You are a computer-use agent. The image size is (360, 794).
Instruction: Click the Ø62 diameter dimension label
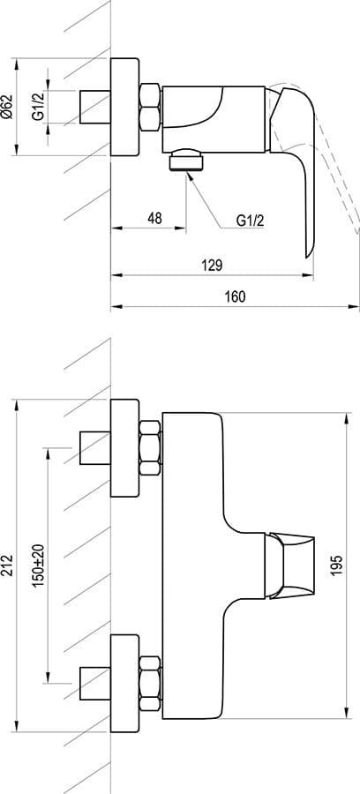tap(7, 107)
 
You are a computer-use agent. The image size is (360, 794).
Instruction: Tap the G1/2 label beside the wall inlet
tap(39, 107)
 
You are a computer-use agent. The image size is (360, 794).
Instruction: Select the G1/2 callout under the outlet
tap(251, 221)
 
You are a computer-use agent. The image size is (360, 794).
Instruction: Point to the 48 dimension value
tap(154, 218)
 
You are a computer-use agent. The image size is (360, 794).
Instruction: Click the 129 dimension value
tap(213, 266)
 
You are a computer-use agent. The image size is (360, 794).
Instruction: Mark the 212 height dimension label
tap(7, 566)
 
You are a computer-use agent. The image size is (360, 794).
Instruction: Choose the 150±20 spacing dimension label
tap(39, 566)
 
